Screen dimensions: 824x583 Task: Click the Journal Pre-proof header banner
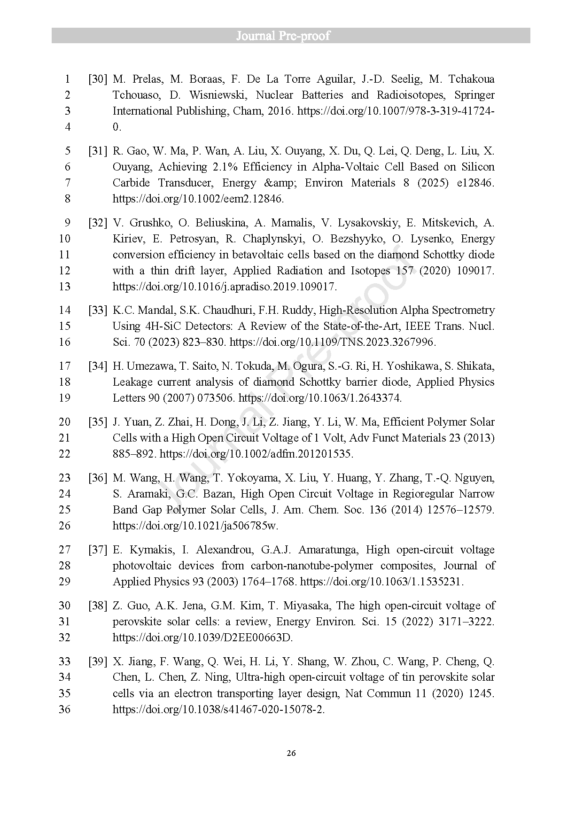[x=291, y=36]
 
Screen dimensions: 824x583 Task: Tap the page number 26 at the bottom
[x=291, y=753]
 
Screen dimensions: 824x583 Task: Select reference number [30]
[x=98, y=79]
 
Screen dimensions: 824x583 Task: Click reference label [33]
[x=98, y=310]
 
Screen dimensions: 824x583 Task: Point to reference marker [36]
[x=98, y=478]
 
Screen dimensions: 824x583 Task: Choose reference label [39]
[x=98, y=661]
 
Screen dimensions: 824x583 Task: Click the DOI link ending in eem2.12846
[x=198, y=199]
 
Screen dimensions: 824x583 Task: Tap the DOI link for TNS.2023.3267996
[x=332, y=342]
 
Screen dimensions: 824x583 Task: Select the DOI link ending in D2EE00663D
[x=202, y=637]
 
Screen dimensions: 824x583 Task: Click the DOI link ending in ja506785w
[x=195, y=526]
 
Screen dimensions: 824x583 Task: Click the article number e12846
[x=475, y=183]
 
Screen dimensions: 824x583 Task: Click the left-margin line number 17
[x=64, y=366]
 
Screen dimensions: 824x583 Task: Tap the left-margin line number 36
[x=64, y=709]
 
